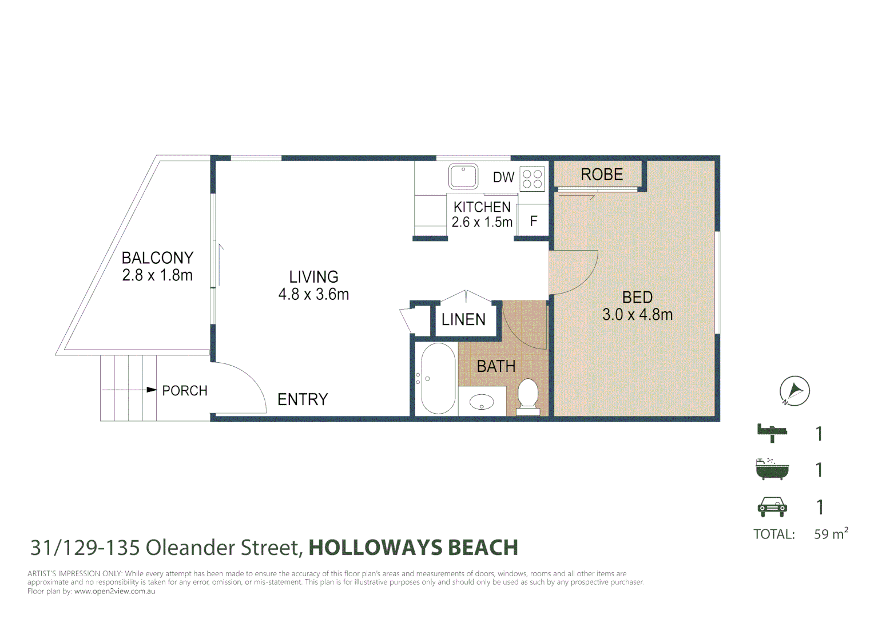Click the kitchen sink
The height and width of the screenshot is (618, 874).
pyautogui.click(x=463, y=176)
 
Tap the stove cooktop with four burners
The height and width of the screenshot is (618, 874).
pyautogui.click(x=532, y=179)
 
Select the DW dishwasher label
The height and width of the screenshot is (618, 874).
pyautogui.click(x=504, y=177)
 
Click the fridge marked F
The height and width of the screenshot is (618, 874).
pyautogui.click(x=533, y=221)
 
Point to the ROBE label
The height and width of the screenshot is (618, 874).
pyautogui.click(x=602, y=175)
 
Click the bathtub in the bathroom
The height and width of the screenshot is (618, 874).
pyautogui.click(x=438, y=378)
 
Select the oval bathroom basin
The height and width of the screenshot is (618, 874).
pyautogui.click(x=482, y=402)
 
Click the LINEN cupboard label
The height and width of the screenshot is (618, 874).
pyautogui.click(x=463, y=320)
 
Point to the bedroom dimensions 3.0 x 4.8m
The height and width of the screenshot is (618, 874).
pyautogui.click(x=638, y=315)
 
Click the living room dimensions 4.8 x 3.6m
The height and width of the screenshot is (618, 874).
pyautogui.click(x=313, y=294)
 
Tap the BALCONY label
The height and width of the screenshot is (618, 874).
pyautogui.click(x=158, y=258)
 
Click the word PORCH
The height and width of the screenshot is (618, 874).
pyautogui.click(x=185, y=391)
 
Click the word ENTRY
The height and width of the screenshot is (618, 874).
pyautogui.click(x=303, y=399)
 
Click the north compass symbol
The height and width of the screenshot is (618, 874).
pyautogui.click(x=794, y=391)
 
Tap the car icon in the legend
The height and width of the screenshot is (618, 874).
pyautogui.click(x=772, y=507)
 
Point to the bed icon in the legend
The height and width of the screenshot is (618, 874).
pyautogui.click(x=772, y=433)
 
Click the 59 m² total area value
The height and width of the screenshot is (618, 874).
pyautogui.click(x=831, y=533)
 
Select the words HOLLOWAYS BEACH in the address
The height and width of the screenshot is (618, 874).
pyautogui.click(x=414, y=548)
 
